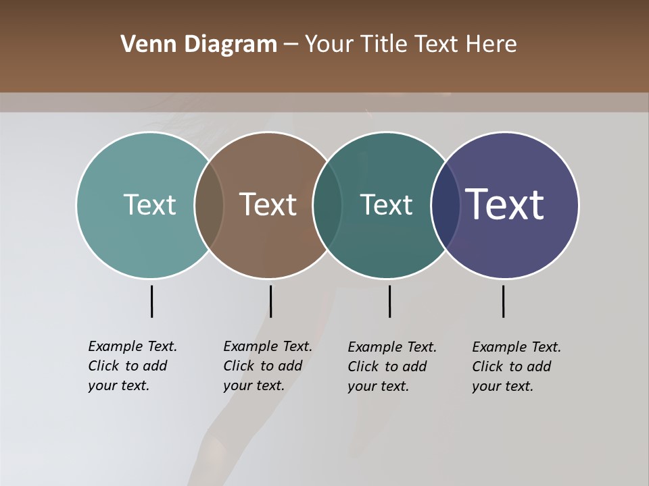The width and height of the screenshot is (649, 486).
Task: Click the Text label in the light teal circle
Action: [149, 205]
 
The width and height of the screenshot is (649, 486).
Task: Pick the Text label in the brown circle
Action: [268, 205]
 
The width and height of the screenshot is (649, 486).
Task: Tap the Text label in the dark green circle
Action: [386, 205]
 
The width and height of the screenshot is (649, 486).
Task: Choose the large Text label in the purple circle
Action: [504, 205]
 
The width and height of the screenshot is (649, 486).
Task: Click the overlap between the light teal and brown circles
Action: [209, 205]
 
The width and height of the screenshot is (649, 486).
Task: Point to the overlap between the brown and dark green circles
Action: [327, 205]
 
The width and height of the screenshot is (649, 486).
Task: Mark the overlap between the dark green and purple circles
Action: [446, 205]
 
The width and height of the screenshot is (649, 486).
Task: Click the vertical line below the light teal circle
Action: [151, 301]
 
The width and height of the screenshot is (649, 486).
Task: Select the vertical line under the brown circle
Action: [270, 301]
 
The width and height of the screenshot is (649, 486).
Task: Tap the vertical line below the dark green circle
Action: [389, 301]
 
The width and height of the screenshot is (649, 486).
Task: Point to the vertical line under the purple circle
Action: [503, 301]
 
